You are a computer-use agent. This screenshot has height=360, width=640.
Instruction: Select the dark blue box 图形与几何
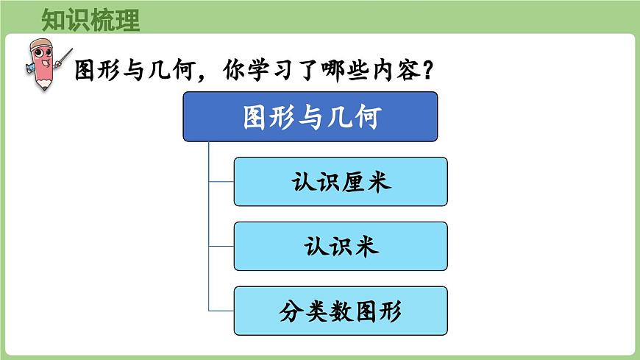tap(310, 116)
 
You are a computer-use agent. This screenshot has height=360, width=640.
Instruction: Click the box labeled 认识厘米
tap(341, 181)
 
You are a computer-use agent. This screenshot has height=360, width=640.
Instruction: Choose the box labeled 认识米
tap(341, 246)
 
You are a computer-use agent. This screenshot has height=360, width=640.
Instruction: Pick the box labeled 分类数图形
tap(341, 311)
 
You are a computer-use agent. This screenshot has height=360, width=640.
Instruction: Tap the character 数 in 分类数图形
tap(341, 311)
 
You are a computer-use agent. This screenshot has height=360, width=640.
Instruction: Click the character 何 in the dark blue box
tap(365, 117)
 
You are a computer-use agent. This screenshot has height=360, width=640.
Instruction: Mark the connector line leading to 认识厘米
tap(221, 181)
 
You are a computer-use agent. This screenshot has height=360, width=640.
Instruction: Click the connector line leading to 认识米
tap(221, 246)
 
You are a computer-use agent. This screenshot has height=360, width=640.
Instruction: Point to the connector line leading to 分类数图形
tap(221, 311)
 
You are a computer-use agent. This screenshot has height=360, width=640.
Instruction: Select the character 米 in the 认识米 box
tap(366, 247)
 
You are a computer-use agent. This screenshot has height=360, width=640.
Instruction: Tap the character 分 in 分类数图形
tap(291, 311)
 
